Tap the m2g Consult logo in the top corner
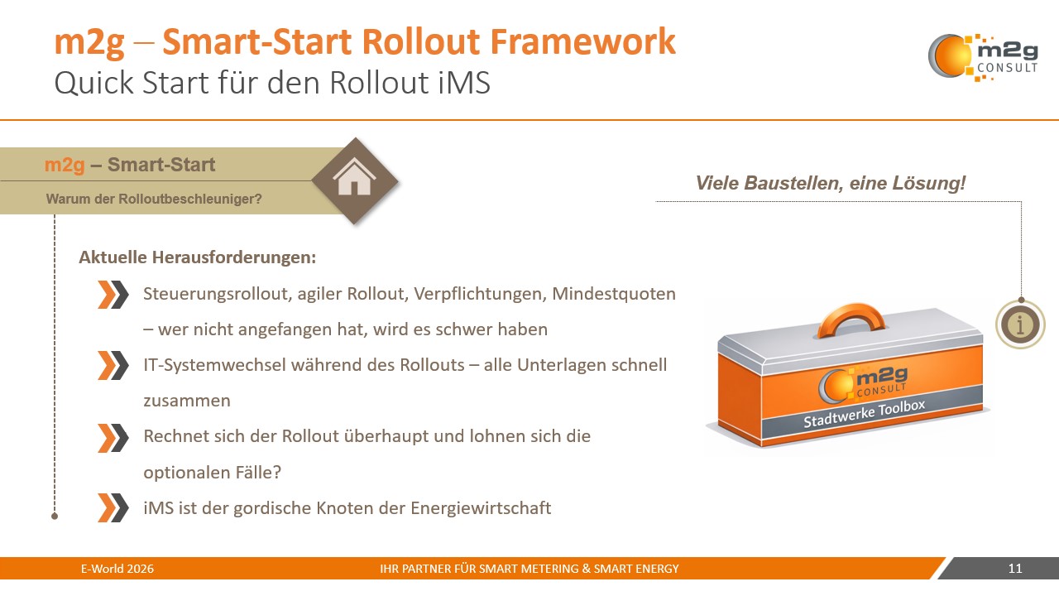982,56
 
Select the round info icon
1020,324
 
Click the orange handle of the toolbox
851,320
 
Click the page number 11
1015,569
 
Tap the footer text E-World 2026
117,569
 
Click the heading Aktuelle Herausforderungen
198,257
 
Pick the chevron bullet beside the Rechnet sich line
113,437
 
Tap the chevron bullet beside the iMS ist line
113,507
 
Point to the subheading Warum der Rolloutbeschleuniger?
154,199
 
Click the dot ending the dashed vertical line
55,516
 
